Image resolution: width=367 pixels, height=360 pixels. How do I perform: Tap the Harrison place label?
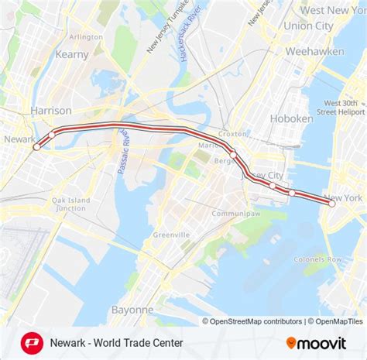[x=51, y=111]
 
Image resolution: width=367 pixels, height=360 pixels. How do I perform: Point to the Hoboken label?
[x=291, y=118]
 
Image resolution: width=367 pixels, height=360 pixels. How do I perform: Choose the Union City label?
[x=308, y=26]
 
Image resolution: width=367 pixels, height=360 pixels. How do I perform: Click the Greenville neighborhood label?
[x=171, y=235]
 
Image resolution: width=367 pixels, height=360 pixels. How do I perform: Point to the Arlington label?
[x=85, y=36]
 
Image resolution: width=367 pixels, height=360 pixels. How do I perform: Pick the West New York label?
[x=333, y=10]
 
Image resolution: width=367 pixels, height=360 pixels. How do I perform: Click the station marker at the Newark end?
[x=36, y=146]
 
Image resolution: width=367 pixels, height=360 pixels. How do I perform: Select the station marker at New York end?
[x=332, y=204]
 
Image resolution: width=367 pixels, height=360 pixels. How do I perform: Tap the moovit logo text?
[x=322, y=342]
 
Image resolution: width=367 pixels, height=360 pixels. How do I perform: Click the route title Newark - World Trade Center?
[x=116, y=342]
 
